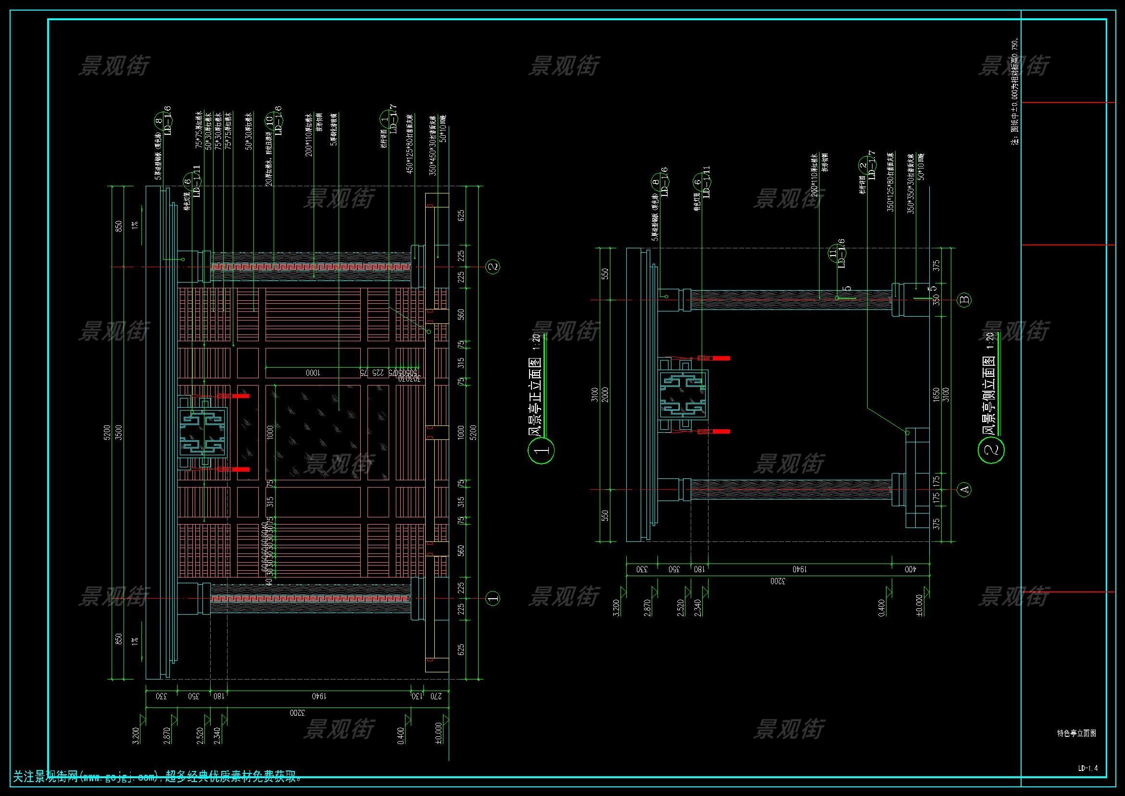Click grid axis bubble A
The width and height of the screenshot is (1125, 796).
[x=964, y=489]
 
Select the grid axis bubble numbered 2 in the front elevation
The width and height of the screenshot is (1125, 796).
[x=493, y=267]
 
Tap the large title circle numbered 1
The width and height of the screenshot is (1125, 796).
[x=541, y=450]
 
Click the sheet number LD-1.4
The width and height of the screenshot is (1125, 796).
[x=1088, y=768]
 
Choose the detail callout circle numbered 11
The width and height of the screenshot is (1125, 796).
[x=833, y=254]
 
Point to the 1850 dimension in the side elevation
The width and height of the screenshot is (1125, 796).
[x=936, y=395]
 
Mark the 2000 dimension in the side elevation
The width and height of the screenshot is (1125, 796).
[x=605, y=395]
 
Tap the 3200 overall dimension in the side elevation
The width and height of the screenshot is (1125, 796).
[x=778, y=582]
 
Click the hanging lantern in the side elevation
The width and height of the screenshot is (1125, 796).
[x=683, y=395]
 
